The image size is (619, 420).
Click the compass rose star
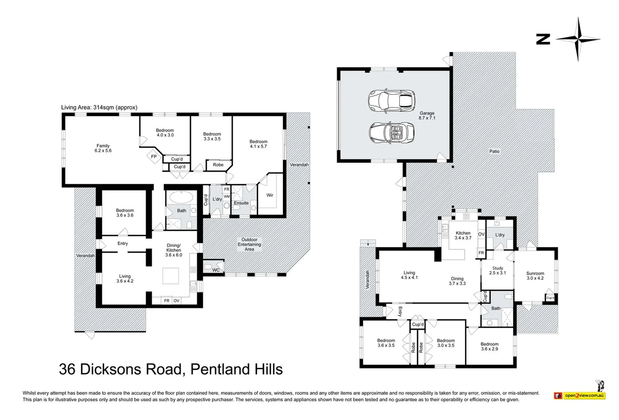click(578, 39)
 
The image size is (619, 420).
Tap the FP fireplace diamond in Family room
click(153, 156)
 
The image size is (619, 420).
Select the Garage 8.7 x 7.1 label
click(427, 115)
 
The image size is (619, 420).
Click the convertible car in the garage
click(392, 133)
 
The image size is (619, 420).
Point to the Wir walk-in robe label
click(270, 195)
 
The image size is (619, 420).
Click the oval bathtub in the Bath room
click(181, 198)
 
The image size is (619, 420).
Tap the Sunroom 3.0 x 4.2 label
click(535, 276)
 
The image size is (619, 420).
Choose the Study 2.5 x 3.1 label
click(497, 270)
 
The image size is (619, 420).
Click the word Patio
click(494, 151)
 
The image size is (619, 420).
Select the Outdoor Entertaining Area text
click(249, 245)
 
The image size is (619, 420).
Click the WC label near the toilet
click(216, 270)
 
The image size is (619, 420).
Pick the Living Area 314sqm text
click(99, 107)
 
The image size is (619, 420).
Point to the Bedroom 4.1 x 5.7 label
click(258, 144)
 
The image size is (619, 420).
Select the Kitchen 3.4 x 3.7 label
click(463, 235)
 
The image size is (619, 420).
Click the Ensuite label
click(241, 203)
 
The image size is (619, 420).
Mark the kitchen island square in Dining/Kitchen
click(171, 276)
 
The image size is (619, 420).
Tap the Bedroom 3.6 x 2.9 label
click(489, 346)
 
